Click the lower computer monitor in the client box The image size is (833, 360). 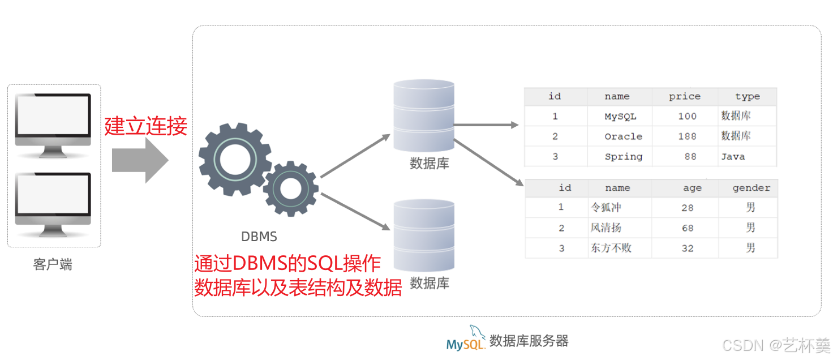pos(53,201)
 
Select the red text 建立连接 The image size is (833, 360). pos(145,126)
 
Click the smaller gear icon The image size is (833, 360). pos(290,189)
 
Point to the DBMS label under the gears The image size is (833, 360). pos(259,237)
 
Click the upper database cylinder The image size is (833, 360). pos(424,116)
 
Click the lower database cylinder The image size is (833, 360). pos(424,235)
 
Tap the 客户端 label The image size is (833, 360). pos(53,265)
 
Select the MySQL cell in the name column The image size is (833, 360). pos(620,117)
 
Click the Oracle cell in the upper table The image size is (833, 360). pos(623,136)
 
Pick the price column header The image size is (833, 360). pos(685,96)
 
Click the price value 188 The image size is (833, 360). pos(687,136)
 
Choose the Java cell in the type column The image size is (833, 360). pos(733,157)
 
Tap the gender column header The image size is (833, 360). pos(751,188)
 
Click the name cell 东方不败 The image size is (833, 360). pos(611,248)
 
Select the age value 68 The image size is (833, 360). pos(688,228)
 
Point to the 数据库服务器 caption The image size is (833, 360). pos(529,341)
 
